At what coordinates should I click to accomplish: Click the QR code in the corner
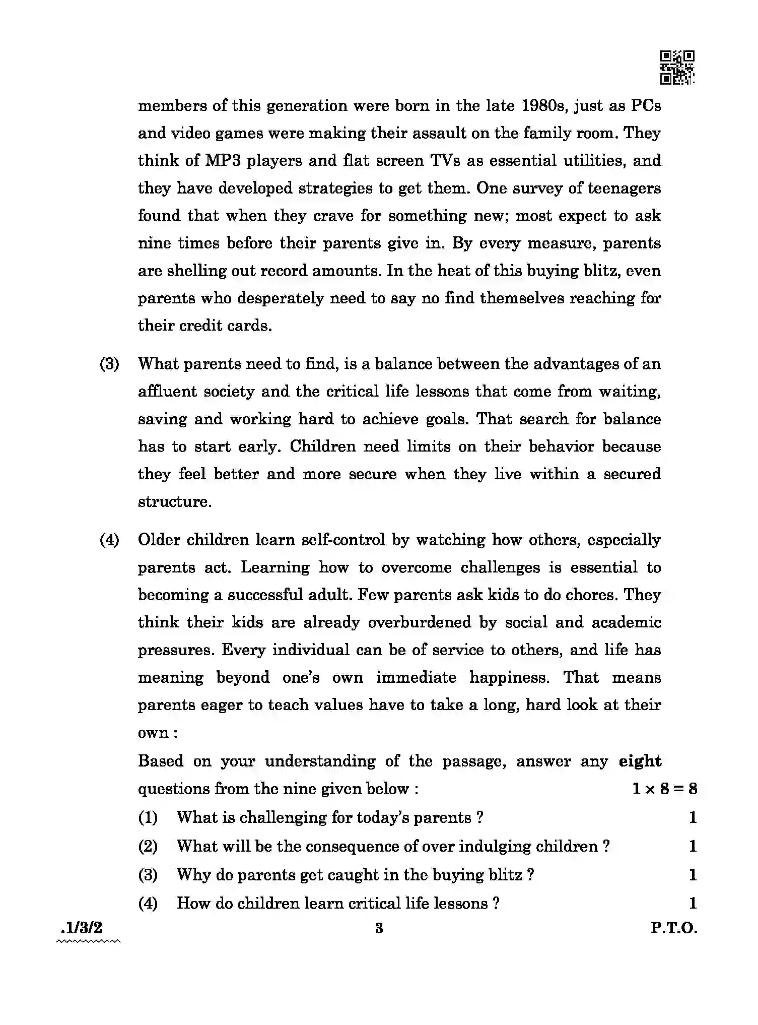click(677, 67)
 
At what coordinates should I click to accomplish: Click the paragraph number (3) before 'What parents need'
click(109, 364)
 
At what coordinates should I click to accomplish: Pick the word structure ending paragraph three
click(174, 502)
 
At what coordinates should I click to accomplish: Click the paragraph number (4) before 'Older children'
click(109, 540)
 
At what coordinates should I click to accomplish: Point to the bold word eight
click(640, 761)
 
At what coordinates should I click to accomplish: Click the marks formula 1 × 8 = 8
click(664, 789)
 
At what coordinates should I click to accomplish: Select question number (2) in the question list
click(148, 846)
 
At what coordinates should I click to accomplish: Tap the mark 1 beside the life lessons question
click(693, 903)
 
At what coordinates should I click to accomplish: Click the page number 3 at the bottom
click(379, 928)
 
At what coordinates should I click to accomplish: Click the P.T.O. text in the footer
click(673, 928)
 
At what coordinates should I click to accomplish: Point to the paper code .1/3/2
click(81, 927)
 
